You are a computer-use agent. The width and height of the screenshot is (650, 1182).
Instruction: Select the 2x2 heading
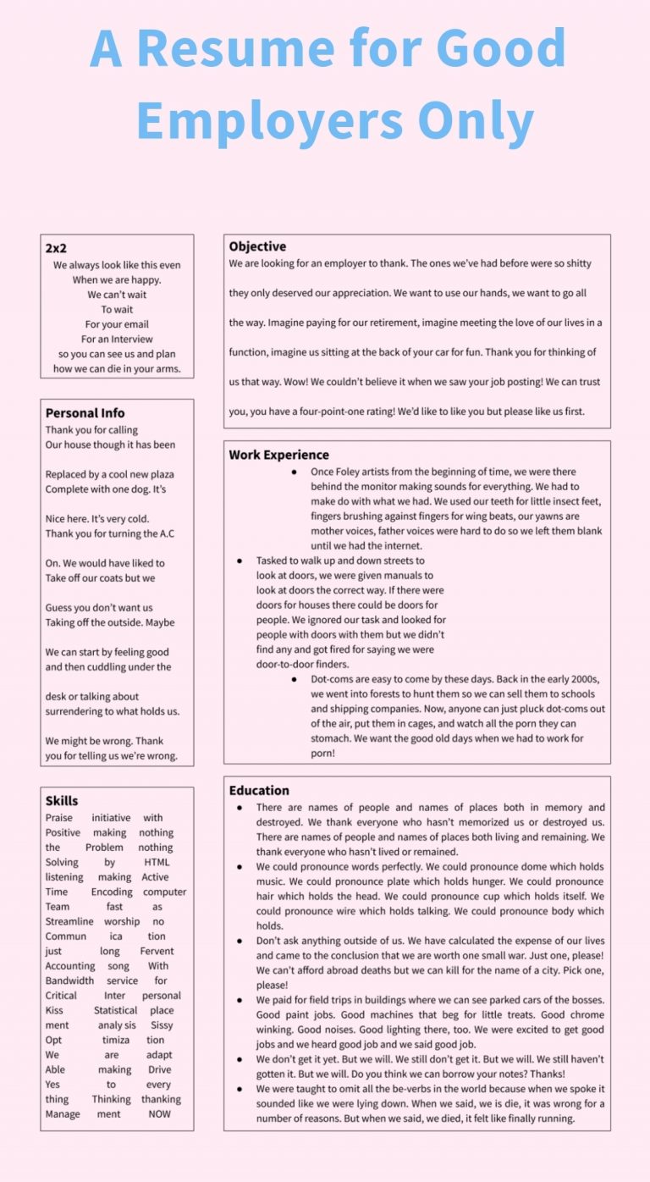[x=56, y=248]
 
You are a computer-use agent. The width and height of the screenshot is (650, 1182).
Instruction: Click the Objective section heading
[x=257, y=246]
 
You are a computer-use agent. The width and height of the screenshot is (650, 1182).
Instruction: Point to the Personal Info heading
[x=85, y=413]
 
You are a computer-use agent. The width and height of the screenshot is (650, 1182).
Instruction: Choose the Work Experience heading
[x=278, y=455]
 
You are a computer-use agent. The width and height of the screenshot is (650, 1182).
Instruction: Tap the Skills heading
[x=62, y=800]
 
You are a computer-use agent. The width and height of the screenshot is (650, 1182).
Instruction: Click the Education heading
[x=259, y=790]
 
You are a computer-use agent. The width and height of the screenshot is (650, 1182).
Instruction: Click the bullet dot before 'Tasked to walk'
[x=240, y=561]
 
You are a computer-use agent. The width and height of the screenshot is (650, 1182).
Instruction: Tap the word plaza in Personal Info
[x=157, y=474]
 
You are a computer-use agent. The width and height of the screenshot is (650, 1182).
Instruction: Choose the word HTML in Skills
[x=157, y=862]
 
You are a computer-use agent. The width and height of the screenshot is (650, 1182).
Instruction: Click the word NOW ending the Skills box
[x=159, y=1114]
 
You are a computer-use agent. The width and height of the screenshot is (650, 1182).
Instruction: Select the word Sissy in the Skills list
[x=162, y=1025]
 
